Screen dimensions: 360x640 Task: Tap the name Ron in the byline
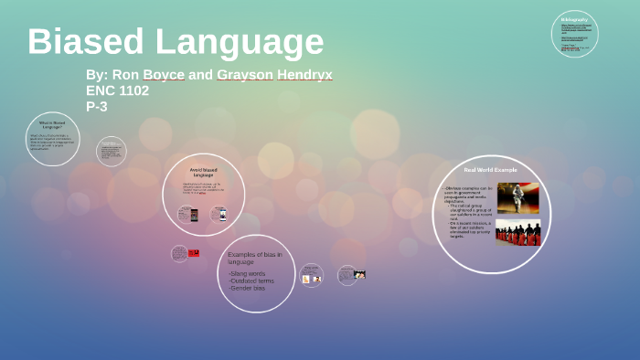[x=125, y=75]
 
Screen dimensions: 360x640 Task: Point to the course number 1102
[x=133, y=90]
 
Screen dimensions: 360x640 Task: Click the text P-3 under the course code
[x=99, y=106]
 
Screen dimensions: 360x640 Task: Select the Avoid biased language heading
[x=203, y=172]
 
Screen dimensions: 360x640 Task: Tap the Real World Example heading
[x=490, y=170]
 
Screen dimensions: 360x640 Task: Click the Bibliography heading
[x=574, y=19]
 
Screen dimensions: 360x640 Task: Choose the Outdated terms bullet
[x=252, y=281]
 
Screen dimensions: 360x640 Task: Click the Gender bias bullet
[x=247, y=288]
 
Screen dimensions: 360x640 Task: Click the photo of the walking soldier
[x=517, y=198]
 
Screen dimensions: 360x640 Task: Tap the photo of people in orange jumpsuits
[x=517, y=233]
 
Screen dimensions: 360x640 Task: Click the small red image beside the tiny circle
[x=193, y=253]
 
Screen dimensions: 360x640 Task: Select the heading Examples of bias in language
[x=255, y=257]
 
